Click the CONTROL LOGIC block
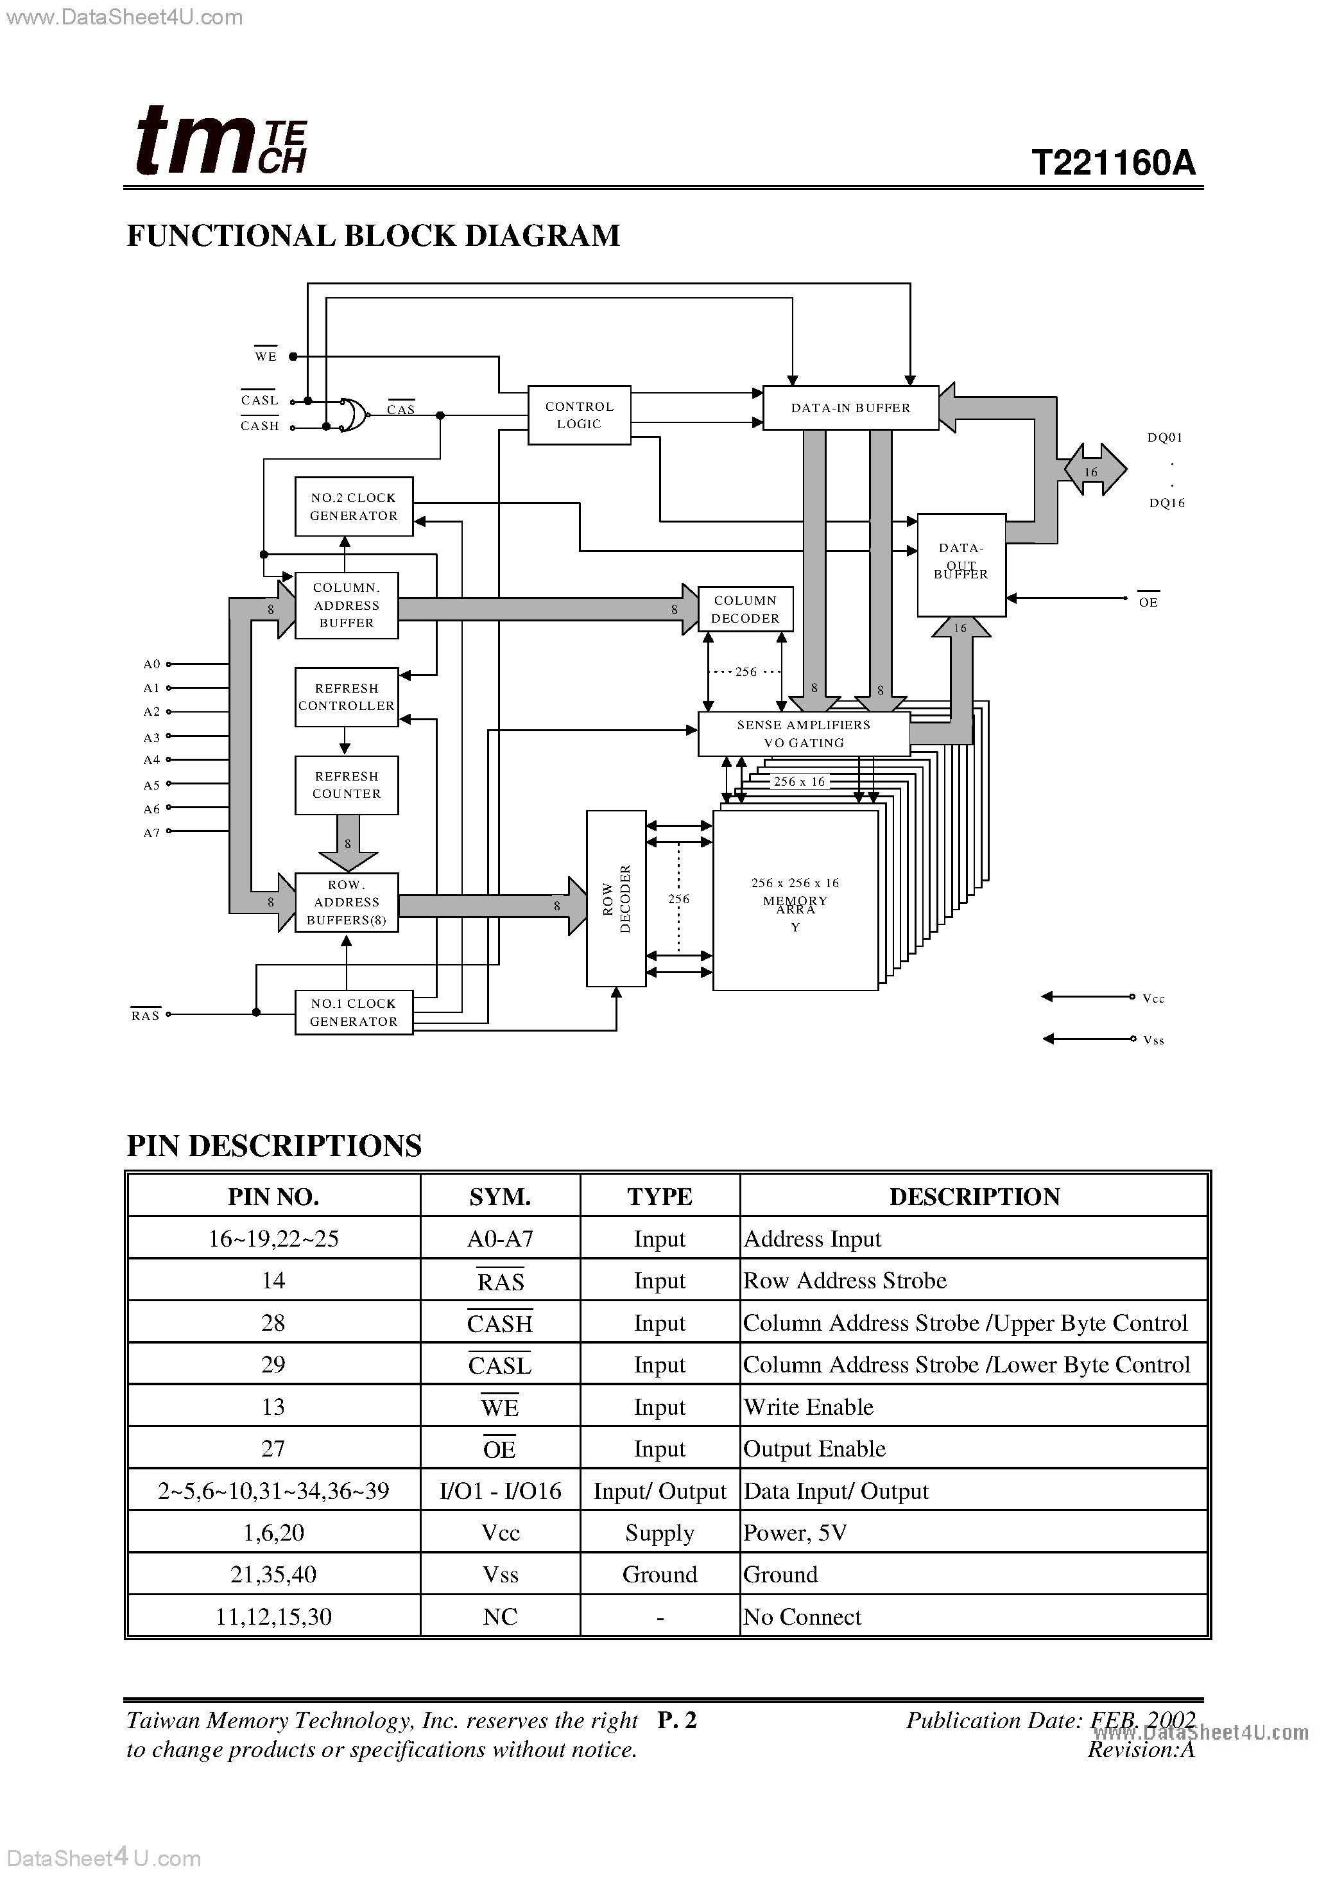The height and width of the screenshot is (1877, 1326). coord(579,415)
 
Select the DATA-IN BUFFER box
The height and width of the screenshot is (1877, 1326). coord(850,408)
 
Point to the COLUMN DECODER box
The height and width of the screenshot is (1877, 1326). coord(745,609)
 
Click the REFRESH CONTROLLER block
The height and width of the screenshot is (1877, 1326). coord(346,697)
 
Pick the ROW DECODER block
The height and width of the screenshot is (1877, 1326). coord(616,899)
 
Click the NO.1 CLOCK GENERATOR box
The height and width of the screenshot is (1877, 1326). coord(353,1013)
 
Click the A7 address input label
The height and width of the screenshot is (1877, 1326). coord(152,833)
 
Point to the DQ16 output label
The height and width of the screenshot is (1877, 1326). coord(1167,503)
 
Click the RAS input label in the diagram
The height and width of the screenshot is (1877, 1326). coord(146,1016)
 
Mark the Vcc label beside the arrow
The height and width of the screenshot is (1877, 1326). coord(1153,999)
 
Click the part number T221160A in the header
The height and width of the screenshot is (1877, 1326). coord(1114,162)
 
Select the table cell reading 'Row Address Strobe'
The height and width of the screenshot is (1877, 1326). coord(845,1281)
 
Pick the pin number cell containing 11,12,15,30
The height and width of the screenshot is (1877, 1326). coord(273,1617)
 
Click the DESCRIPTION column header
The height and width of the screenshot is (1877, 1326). coord(974,1197)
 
